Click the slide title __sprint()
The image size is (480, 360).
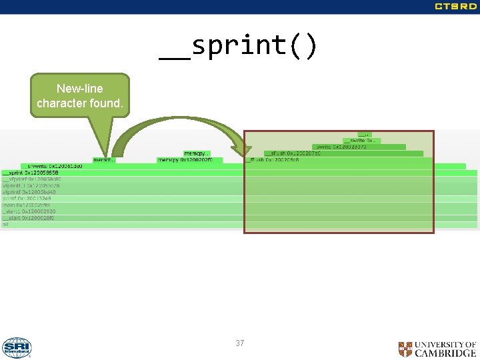(x=239, y=46)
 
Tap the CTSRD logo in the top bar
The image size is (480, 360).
(x=456, y=7)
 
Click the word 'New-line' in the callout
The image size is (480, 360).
(x=79, y=89)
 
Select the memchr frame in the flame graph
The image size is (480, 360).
(x=103, y=160)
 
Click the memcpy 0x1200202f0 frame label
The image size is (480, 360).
(x=185, y=160)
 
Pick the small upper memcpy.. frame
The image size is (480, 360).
(x=197, y=154)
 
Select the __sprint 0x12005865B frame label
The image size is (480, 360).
(x=31, y=173)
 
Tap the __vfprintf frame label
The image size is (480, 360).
(x=32, y=179)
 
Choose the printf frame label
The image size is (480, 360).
(x=27, y=199)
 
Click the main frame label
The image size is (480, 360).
(x=31, y=205)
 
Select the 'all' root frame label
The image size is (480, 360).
(x=5, y=225)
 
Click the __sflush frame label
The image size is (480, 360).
(x=292, y=153)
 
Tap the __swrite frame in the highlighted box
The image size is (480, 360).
(x=360, y=141)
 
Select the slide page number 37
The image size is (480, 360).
(x=239, y=343)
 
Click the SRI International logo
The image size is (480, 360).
(x=17, y=347)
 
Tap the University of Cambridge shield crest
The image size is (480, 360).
(x=405, y=349)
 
